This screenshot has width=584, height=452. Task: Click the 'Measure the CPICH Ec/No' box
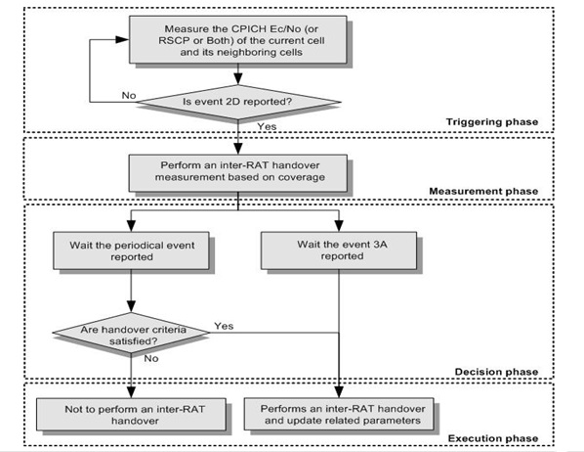tap(238, 39)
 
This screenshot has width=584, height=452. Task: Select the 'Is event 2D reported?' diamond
tap(238, 102)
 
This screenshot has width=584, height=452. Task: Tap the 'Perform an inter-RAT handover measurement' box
tap(238, 173)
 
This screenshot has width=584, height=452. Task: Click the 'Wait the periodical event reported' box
tap(131, 250)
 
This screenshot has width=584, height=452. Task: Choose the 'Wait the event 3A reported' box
tap(339, 250)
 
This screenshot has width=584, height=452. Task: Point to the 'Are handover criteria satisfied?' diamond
tap(131, 333)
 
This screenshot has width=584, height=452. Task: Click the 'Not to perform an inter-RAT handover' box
tap(131, 414)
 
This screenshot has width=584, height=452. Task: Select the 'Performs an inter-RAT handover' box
tap(339, 414)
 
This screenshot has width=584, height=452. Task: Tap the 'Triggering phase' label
tap(492, 122)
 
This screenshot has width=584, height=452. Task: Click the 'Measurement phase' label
tap(483, 191)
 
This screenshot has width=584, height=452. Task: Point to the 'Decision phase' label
tap(496, 372)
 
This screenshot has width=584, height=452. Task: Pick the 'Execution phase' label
tap(493, 438)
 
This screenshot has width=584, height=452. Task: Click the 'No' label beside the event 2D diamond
tap(129, 96)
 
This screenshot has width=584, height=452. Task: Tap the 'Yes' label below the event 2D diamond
tap(267, 126)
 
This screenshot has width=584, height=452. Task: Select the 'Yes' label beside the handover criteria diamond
tap(224, 326)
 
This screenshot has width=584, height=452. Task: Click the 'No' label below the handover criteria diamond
tap(151, 358)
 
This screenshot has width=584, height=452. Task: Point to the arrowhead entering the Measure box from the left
tap(122, 39)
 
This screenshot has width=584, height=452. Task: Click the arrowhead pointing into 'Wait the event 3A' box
tap(339, 226)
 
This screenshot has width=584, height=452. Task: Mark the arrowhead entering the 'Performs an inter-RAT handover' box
tap(339, 392)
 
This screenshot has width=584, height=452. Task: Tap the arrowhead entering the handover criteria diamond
tap(131, 306)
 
